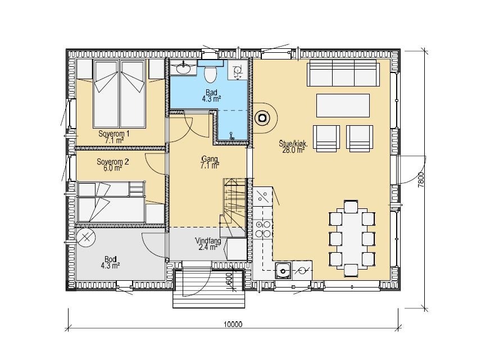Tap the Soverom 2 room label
tap(112, 165)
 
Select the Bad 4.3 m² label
tap(212, 95)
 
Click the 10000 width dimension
tap(233, 324)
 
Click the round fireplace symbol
tap(262, 117)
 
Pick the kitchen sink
tap(283, 271)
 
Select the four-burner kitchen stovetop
tap(263, 229)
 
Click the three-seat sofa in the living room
tap(343, 73)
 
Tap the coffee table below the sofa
tap(343, 106)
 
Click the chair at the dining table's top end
tap(351, 206)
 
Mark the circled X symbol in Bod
tap(86, 237)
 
